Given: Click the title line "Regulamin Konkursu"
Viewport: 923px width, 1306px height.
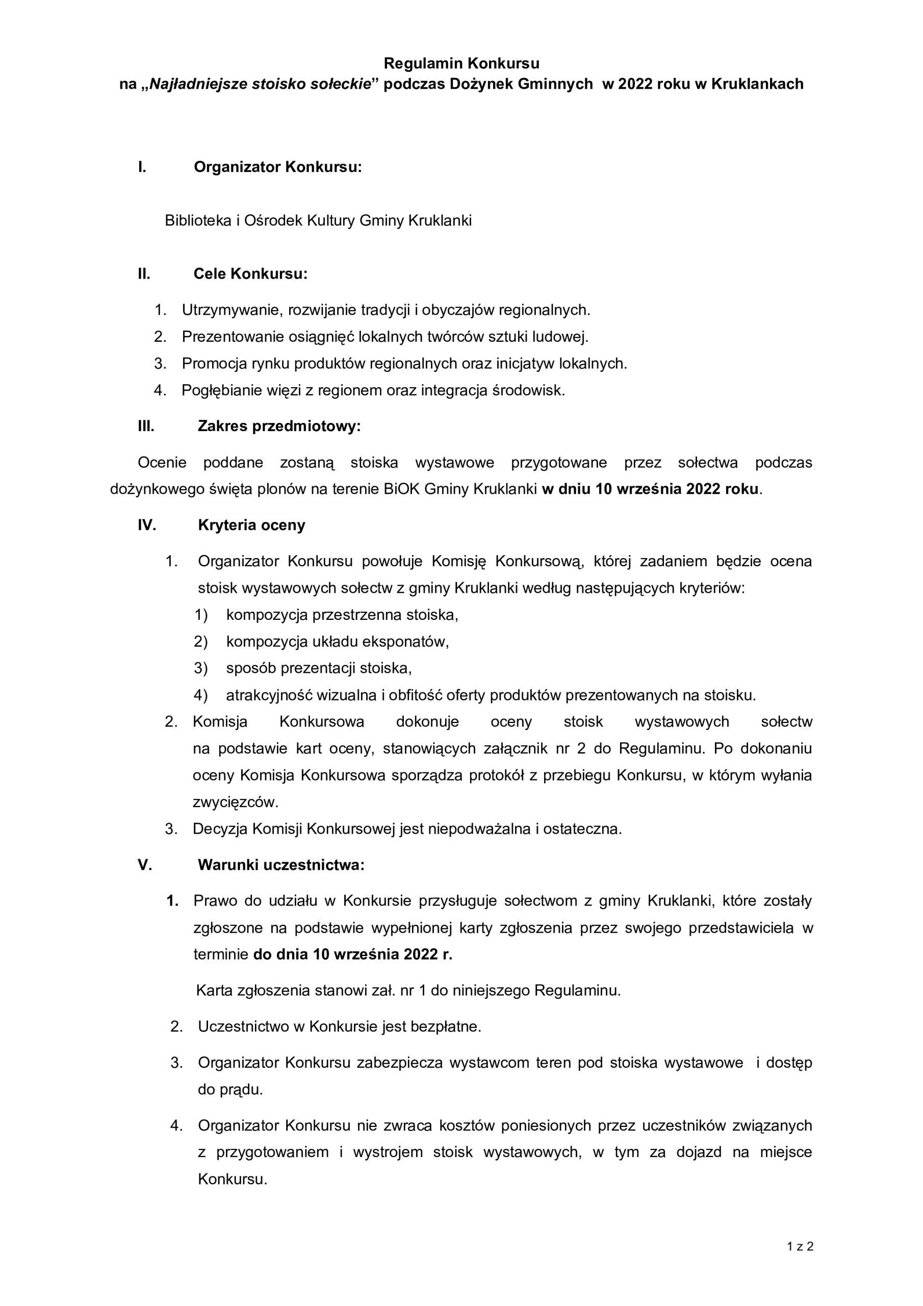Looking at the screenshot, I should (x=461, y=63).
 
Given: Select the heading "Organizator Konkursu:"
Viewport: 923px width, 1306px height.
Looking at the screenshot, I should (x=277, y=167).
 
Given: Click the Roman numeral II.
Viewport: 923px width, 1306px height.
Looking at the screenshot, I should (x=144, y=273).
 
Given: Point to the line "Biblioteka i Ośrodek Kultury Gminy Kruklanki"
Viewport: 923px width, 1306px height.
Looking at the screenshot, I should (x=318, y=221).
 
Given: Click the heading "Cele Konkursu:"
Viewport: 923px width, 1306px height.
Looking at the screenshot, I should (x=250, y=273).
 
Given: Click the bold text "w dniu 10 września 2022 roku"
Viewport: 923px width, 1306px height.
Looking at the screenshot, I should (x=650, y=489).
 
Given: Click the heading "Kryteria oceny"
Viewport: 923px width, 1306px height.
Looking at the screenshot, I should (x=251, y=525).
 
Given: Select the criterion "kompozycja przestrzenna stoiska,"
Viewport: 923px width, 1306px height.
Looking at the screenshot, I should (x=342, y=615).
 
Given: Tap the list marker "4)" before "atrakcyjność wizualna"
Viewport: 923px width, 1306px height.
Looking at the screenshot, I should (x=201, y=695).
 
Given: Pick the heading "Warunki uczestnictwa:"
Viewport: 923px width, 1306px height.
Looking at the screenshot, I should (x=281, y=865).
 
